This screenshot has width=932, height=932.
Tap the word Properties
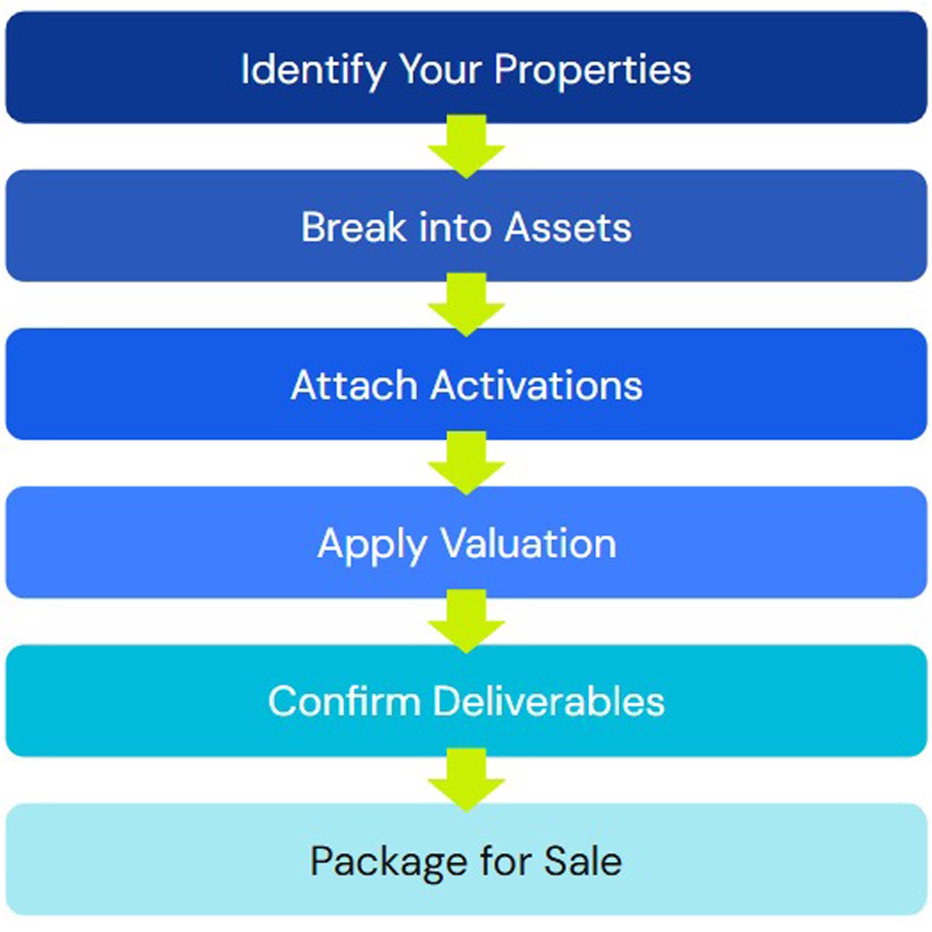coord(593,70)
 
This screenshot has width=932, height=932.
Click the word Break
coord(353,228)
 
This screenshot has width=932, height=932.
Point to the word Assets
coord(568,228)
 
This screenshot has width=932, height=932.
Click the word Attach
coord(353,385)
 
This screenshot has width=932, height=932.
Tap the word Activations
coord(537,385)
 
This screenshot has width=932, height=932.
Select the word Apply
coord(372,544)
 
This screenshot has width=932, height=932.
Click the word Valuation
coord(529,544)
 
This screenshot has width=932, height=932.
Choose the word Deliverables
coord(548,701)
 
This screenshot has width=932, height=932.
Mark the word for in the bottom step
coord(506,861)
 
